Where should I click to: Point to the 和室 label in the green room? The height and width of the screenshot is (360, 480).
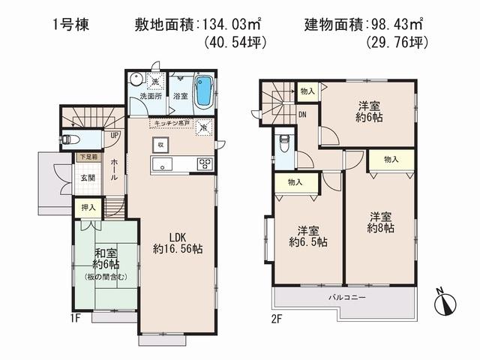(x=105, y=253)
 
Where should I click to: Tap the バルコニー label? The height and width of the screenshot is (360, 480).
(x=346, y=298)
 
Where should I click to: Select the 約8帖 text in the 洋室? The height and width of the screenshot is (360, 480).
(x=380, y=227)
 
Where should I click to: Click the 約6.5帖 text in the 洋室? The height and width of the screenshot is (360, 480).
(x=307, y=242)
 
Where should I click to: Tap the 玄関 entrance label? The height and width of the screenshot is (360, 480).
(x=88, y=178)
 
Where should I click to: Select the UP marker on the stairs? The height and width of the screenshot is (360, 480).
(x=114, y=136)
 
